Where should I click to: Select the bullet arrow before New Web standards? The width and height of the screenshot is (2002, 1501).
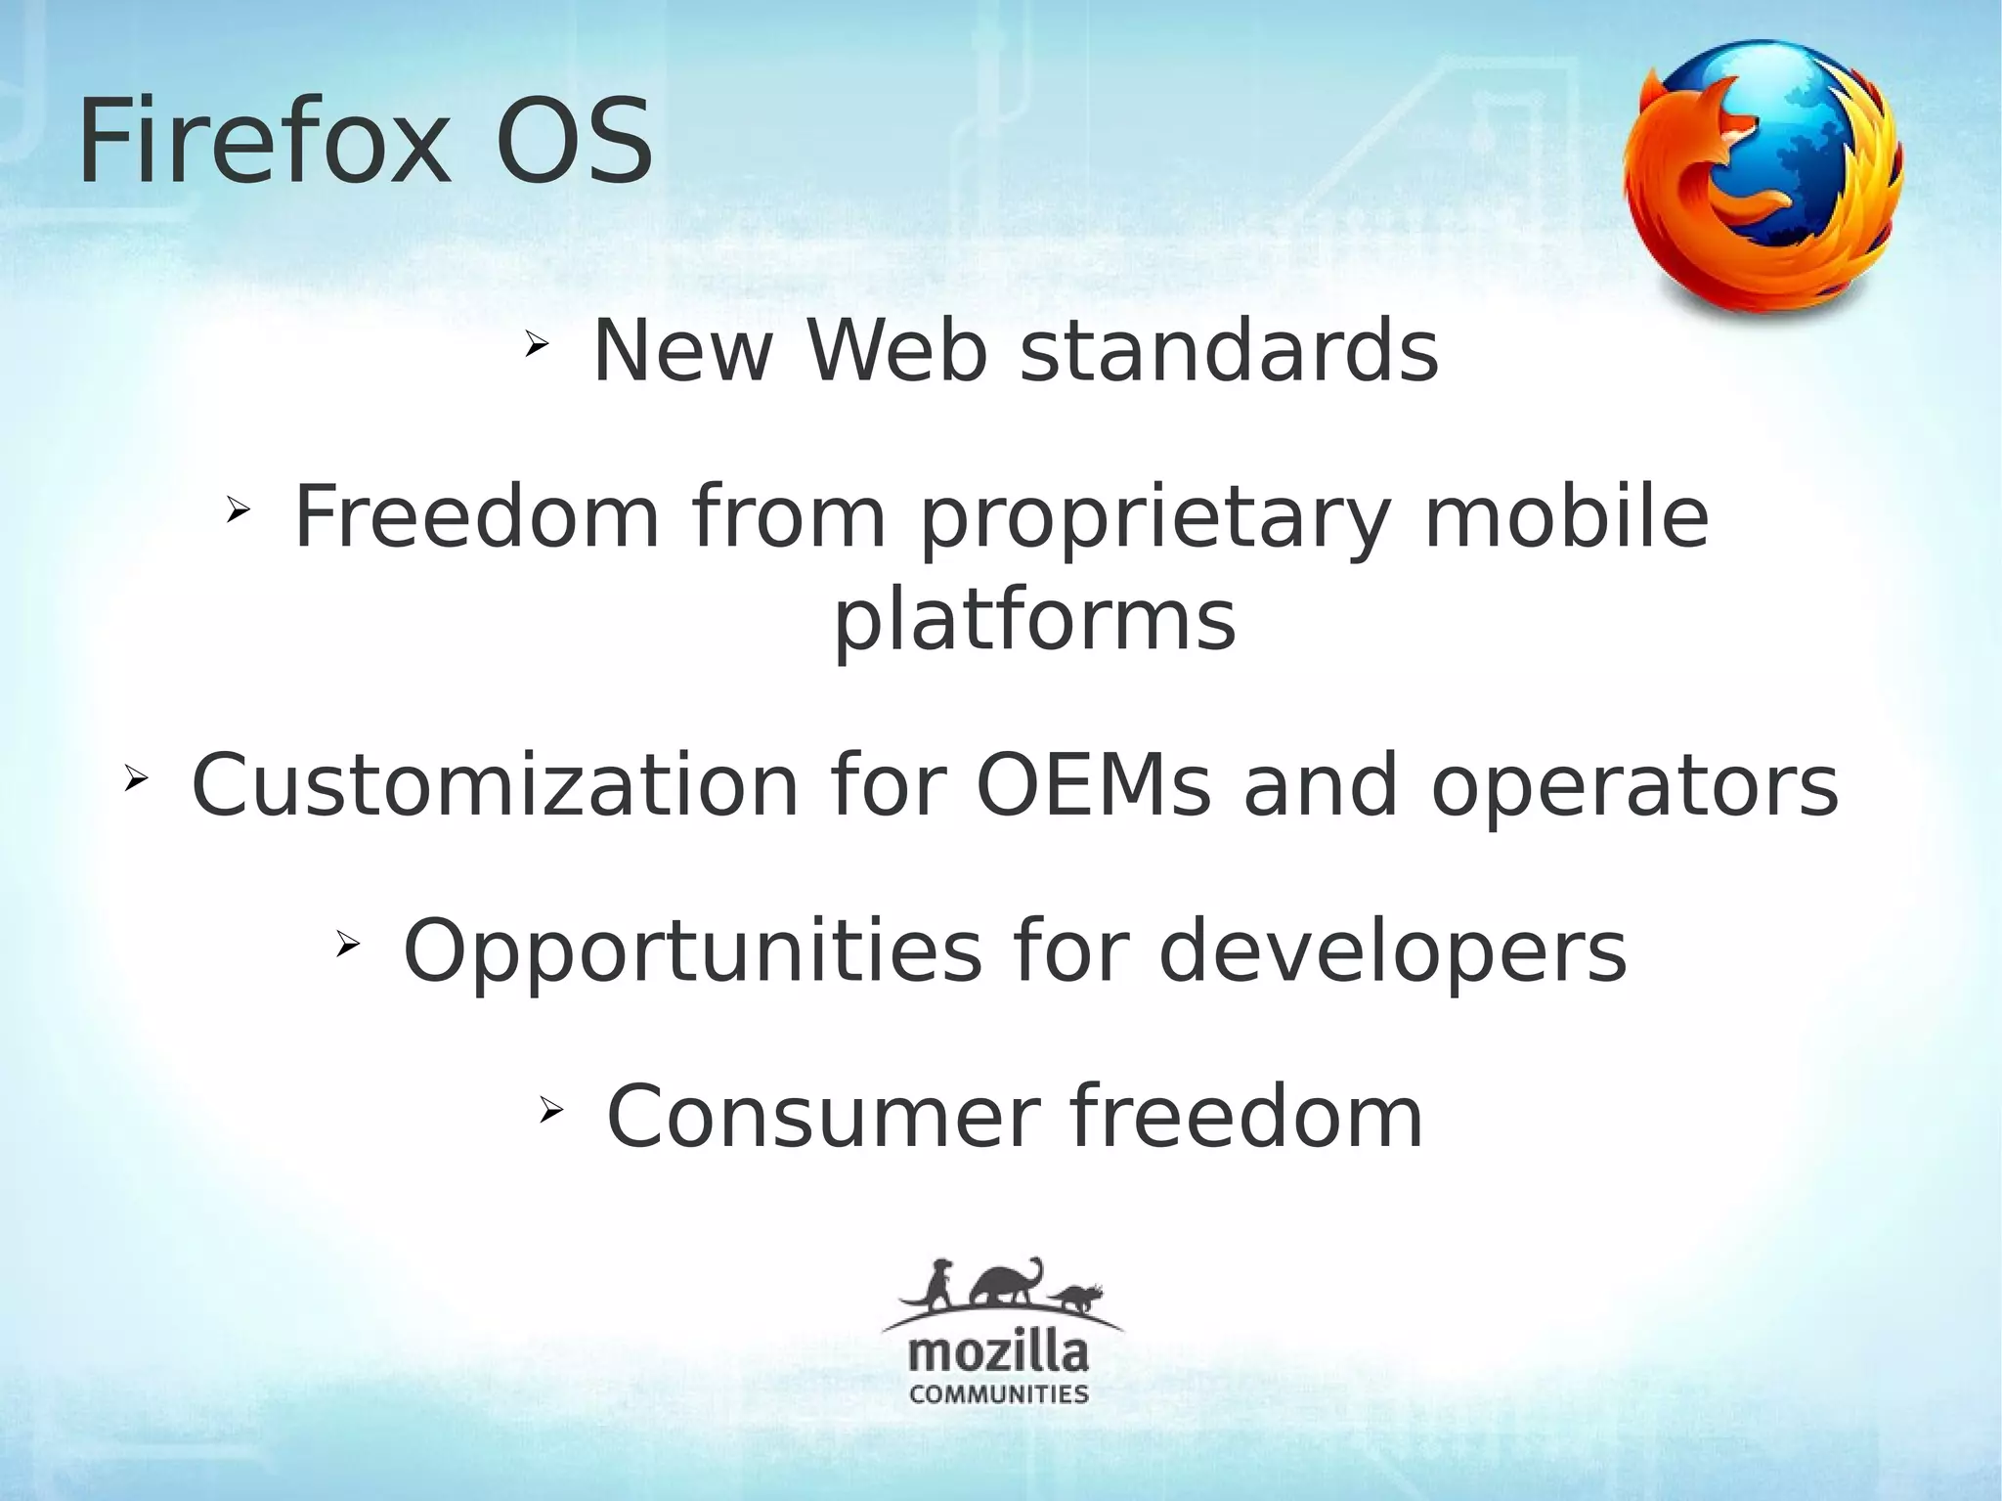(536, 344)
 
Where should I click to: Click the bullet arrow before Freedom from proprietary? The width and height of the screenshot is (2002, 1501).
(238, 509)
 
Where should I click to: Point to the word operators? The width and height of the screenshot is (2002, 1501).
(1634, 787)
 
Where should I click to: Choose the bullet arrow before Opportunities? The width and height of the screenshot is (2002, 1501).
(347, 944)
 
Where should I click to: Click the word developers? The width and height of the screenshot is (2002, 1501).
(1392, 952)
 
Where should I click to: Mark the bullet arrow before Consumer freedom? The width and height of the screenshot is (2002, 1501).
(550, 1109)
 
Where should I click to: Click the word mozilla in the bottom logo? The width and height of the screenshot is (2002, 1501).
(998, 1355)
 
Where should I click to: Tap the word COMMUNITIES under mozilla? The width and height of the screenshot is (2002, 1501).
(998, 1394)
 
